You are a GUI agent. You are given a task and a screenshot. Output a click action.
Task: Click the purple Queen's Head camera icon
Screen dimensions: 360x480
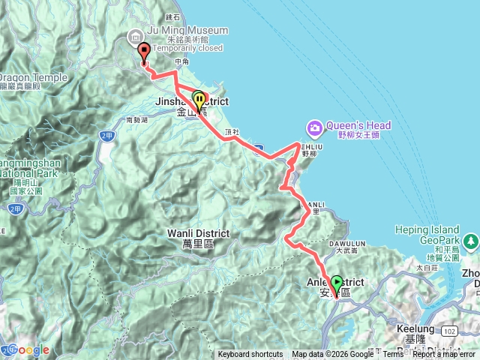[314, 126]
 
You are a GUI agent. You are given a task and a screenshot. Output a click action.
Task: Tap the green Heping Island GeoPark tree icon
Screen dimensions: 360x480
[470, 241]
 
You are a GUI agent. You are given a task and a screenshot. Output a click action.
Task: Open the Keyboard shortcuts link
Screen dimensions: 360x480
[250, 355]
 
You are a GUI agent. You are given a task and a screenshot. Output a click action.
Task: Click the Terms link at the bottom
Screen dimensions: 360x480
[393, 355]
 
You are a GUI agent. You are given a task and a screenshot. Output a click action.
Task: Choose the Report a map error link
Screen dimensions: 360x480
[445, 355]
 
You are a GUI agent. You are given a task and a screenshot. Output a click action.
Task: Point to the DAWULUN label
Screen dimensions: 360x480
[346, 243]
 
